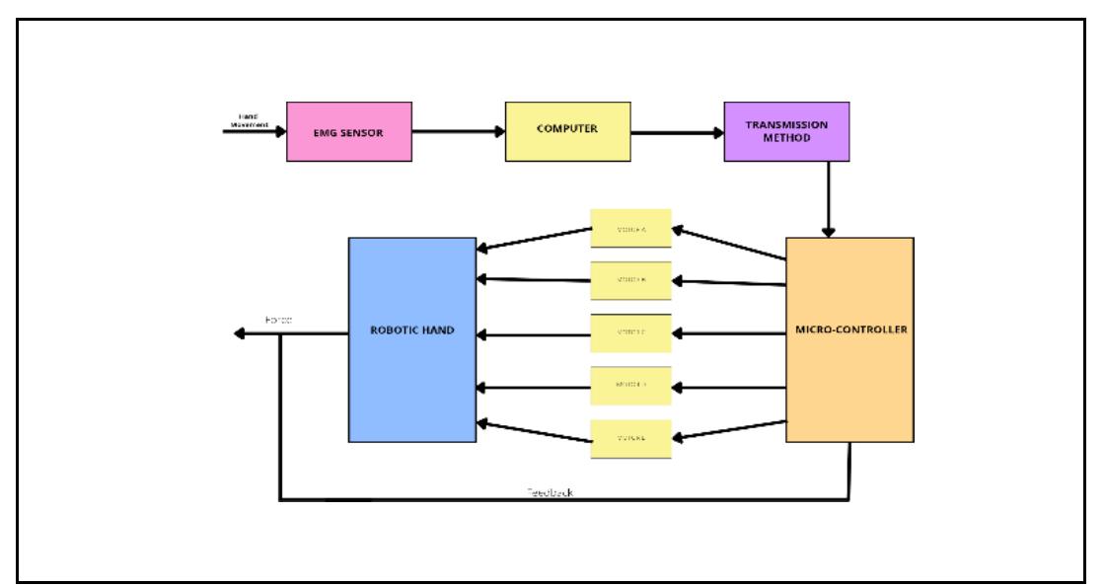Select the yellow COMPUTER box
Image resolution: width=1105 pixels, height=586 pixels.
point(567,131)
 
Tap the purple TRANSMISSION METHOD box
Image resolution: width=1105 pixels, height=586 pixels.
point(786,131)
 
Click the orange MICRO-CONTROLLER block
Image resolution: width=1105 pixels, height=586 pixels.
point(849,340)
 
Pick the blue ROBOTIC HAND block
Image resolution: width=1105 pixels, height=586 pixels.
point(412,339)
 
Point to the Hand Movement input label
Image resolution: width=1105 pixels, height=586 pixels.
point(248,119)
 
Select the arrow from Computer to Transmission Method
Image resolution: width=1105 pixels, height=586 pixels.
point(677,132)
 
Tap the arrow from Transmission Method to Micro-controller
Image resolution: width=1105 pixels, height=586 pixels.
point(829,197)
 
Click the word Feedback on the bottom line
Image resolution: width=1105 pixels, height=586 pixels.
point(550,492)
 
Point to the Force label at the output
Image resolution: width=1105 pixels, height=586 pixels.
point(278,321)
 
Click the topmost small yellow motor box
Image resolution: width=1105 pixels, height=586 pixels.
point(630,228)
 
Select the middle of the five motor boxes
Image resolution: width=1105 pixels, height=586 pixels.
point(630,333)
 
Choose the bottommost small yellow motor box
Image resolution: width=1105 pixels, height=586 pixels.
point(630,439)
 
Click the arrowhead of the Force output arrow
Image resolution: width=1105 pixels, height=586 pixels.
point(239,334)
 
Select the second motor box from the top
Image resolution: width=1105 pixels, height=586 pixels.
point(630,280)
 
